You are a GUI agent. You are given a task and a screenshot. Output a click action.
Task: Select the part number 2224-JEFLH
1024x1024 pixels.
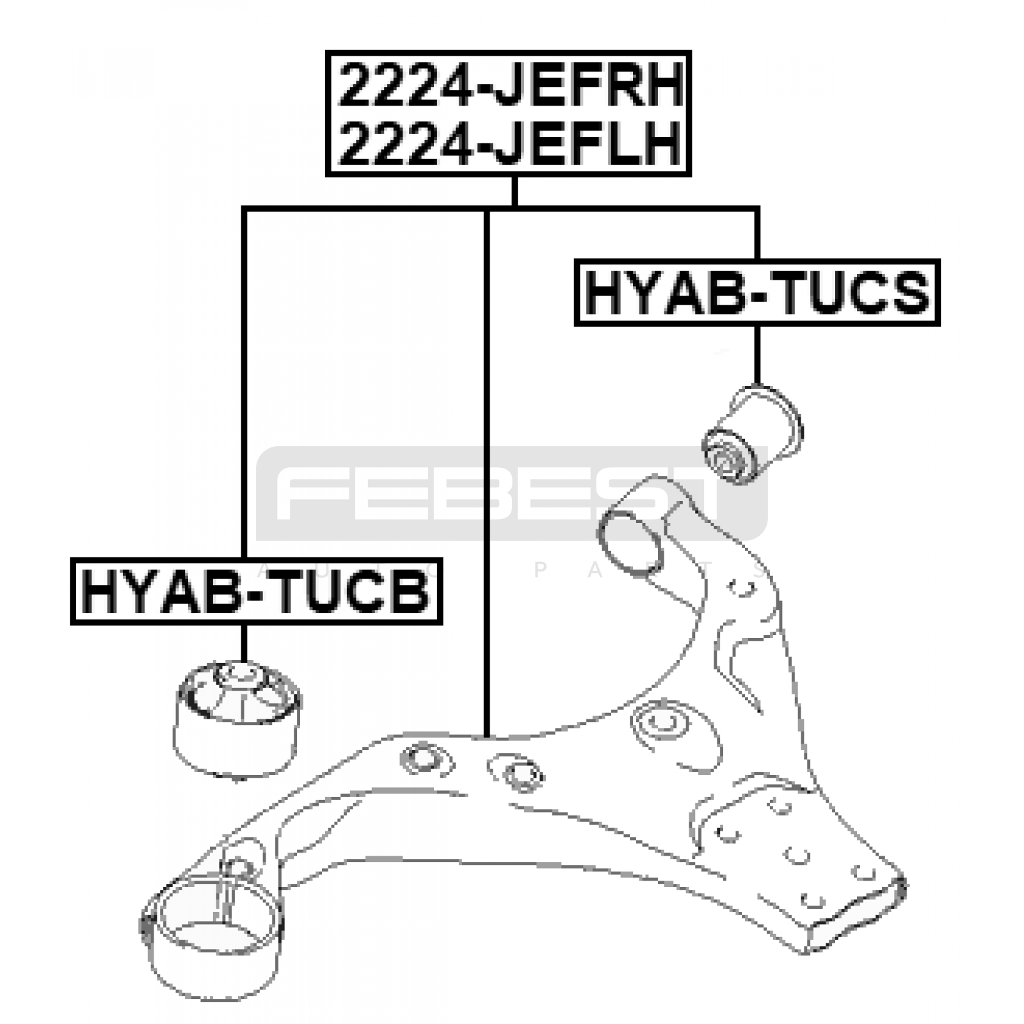509,143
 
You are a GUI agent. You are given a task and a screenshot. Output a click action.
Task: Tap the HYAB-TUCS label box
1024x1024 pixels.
757,292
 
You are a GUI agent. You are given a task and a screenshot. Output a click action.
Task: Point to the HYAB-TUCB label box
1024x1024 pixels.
256,591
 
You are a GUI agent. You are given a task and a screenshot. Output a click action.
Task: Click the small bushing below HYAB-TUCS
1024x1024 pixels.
752,433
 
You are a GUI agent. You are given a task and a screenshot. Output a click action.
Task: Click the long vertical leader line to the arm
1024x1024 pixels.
487,474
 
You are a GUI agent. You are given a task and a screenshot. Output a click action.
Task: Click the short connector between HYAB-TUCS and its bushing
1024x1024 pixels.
757,355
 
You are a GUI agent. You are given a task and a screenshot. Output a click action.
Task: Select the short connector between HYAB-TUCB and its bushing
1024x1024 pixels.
244,643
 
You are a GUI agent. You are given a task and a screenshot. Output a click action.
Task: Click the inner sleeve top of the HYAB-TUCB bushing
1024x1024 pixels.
239,673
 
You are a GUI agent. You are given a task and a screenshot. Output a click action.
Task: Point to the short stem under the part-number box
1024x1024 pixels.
514,191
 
